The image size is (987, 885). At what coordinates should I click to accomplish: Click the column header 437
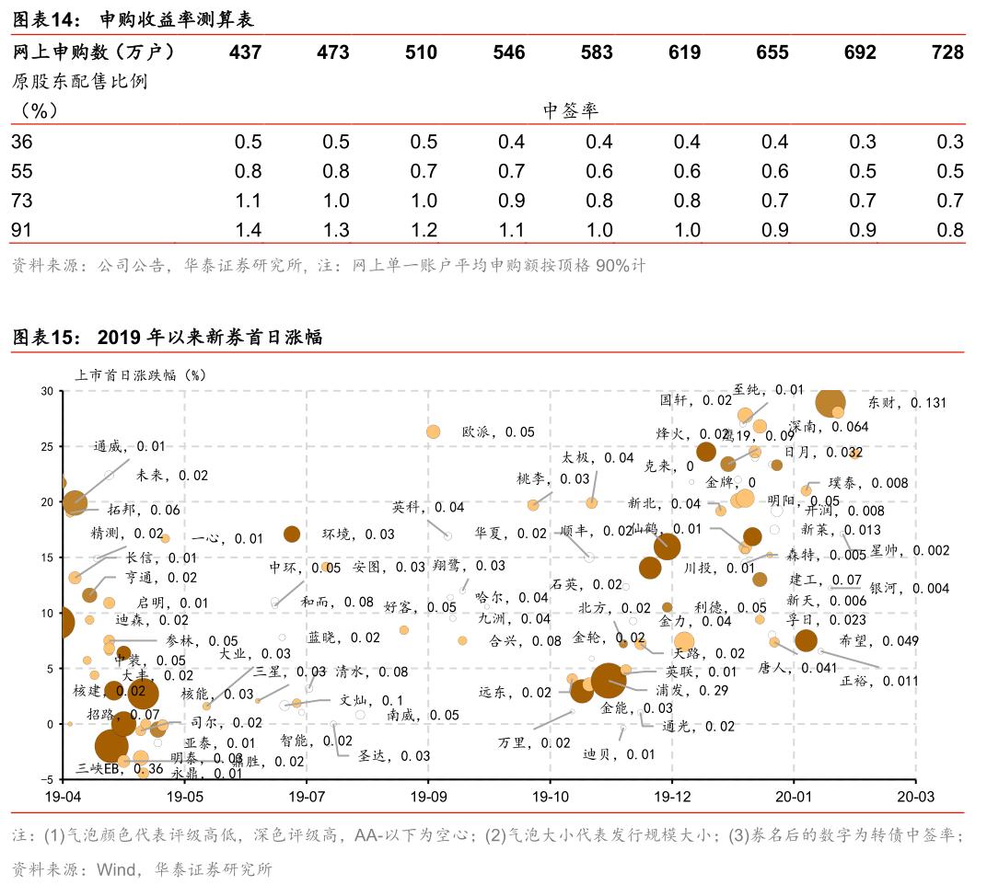point(245,52)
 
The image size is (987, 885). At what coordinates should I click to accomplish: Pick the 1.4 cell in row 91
point(249,230)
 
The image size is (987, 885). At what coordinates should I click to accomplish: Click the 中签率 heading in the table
point(571,110)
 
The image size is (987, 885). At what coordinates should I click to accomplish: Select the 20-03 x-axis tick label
point(914,794)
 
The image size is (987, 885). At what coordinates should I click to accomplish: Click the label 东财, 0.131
point(907,403)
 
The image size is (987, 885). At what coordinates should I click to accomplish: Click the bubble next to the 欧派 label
point(434,431)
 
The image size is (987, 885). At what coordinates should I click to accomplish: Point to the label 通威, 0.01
point(129,446)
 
